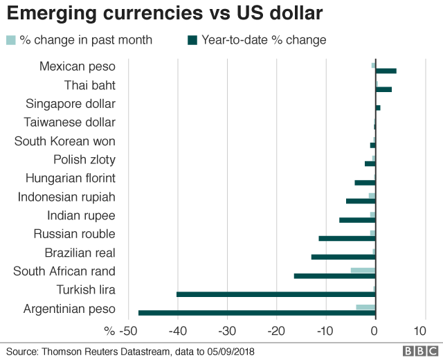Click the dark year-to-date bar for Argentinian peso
(x=256, y=313)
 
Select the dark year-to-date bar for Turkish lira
(x=275, y=294)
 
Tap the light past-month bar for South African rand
(x=363, y=270)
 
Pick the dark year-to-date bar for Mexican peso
(x=386, y=71)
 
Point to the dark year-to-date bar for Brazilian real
(x=343, y=257)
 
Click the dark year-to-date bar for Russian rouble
(x=347, y=238)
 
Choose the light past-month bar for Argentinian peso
(x=365, y=307)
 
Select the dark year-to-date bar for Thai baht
(x=383, y=89)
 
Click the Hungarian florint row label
(x=71, y=178)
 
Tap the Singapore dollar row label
(x=71, y=104)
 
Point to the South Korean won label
(x=65, y=141)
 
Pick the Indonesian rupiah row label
(x=66, y=197)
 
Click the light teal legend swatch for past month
(x=11, y=40)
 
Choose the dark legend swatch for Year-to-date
(x=192, y=40)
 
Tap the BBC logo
(x=415, y=352)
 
